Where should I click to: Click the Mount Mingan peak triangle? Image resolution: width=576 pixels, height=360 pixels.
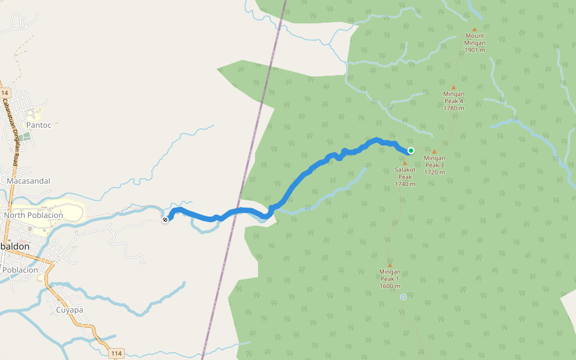pyautogui.click(x=474, y=29)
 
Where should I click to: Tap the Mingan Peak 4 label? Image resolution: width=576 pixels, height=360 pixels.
pyautogui.click(x=454, y=101)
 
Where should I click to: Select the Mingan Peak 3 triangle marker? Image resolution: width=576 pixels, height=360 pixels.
pyautogui.click(x=434, y=151)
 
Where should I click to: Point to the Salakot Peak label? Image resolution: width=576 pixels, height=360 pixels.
pyautogui.click(x=405, y=176)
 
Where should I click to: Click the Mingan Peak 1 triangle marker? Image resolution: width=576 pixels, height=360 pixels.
pyautogui.click(x=389, y=265)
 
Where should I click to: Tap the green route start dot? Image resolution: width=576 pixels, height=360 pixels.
pyautogui.click(x=411, y=151)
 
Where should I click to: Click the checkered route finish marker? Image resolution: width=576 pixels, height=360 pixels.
pyautogui.click(x=165, y=220)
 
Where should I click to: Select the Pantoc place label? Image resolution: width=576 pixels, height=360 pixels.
pyautogui.click(x=39, y=125)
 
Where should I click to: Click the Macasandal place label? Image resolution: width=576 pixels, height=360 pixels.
pyautogui.click(x=28, y=181)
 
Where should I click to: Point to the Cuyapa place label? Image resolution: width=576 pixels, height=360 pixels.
pyautogui.click(x=70, y=310)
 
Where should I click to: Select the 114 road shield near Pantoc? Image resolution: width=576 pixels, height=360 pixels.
pyautogui.click(x=5, y=93)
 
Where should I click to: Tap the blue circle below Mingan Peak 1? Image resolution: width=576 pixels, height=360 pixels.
pyautogui.click(x=403, y=297)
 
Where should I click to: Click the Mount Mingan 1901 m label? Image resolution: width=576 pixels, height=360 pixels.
pyautogui.click(x=475, y=43)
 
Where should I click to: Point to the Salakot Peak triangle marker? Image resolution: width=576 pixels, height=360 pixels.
pyautogui.click(x=404, y=163)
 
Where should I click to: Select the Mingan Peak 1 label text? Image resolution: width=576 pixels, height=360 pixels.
pyautogui.click(x=390, y=278)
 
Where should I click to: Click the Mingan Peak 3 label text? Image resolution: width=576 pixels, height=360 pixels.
pyautogui.click(x=434, y=165)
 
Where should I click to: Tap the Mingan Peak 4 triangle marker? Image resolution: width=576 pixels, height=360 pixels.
pyautogui.click(x=454, y=88)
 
